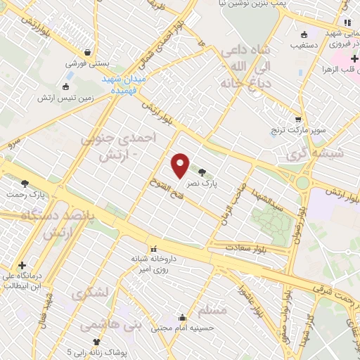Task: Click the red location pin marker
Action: pos(181,166)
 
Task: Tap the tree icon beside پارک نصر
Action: pos(202,172)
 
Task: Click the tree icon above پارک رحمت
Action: pos(25,184)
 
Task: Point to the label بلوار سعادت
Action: pos(247,247)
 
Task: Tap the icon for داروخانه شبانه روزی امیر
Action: pos(153,249)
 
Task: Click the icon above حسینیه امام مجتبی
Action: pos(183,317)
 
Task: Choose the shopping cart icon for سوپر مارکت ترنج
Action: pos(298,120)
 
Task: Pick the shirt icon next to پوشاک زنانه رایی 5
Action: pos(87,342)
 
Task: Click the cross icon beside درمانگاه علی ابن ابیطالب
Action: pos(22,266)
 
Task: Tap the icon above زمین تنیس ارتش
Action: pos(65,87)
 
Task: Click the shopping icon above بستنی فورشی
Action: pos(87,52)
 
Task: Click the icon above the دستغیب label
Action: pos(304,34)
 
